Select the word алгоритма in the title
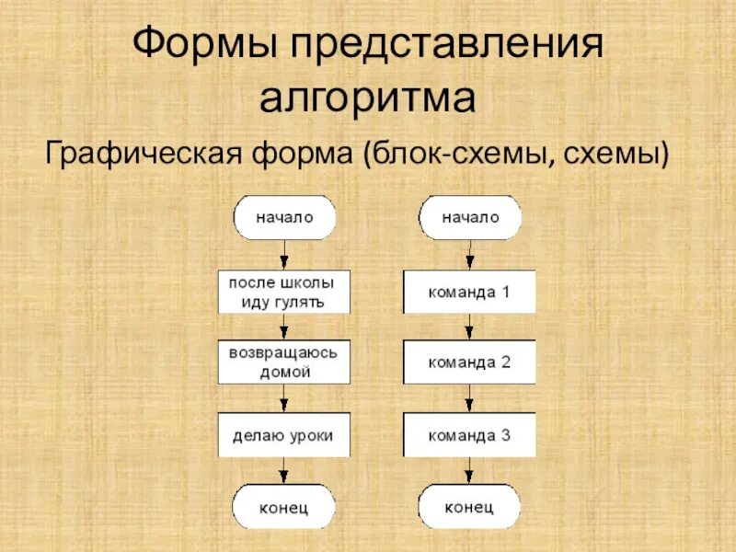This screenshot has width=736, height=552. [x=368, y=98]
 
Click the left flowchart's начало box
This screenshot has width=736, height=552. [x=284, y=218]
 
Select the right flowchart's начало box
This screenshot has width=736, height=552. [x=470, y=218]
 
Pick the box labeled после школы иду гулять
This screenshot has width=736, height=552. [x=284, y=292]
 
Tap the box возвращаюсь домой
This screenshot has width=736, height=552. [x=284, y=362]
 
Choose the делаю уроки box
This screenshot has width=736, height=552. [x=284, y=435]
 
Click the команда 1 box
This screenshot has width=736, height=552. [x=469, y=292]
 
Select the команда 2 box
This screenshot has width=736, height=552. [x=469, y=362]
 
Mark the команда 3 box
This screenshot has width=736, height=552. [x=469, y=435]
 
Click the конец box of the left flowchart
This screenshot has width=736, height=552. [x=284, y=507]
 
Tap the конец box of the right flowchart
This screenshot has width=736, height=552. [x=469, y=507]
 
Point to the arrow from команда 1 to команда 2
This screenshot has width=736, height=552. [x=469, y=328]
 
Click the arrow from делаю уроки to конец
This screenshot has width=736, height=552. [x=284, y=471]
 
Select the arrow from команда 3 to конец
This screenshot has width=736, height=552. [x=469, y=471]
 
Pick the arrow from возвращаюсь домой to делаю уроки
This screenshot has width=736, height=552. [x=284, y=399]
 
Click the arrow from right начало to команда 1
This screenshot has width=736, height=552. [x=469, y=255]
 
